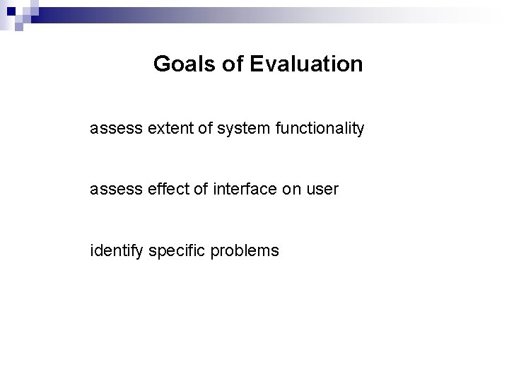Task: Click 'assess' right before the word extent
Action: (x=112, y=129)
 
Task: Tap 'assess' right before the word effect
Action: (x=112, y=190)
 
